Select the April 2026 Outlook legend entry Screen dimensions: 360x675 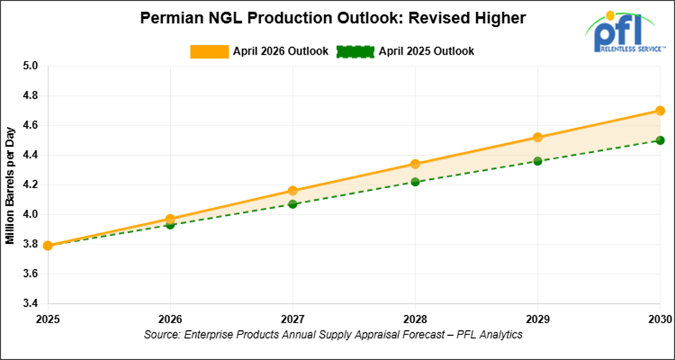coord(259,51)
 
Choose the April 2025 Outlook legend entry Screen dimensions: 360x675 coord(406,51)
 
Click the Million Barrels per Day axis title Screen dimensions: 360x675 coord(11,185)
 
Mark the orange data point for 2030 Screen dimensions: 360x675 coord(660,111)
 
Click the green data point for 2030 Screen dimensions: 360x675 coord(660,140)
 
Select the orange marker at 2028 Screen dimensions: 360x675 coord(415,164)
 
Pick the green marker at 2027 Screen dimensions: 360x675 coord(293,204)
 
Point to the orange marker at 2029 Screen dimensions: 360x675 coord(537,137)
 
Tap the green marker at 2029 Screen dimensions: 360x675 coord(537,161)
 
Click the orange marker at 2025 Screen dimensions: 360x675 coord(48,245)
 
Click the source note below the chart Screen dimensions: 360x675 coord(333,334)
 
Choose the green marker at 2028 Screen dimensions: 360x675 coord(415,182)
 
